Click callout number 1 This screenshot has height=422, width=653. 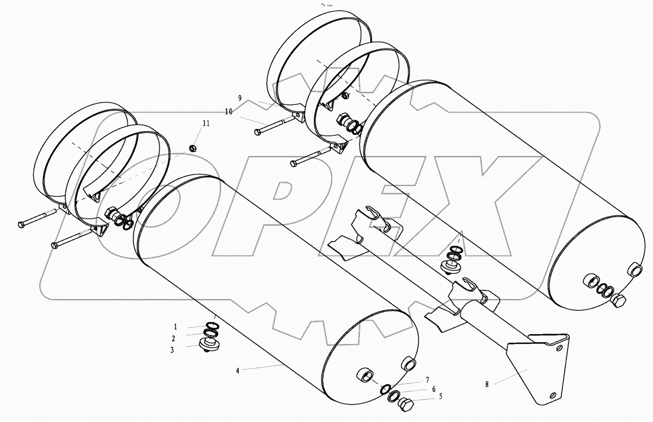click(x=175, y=327)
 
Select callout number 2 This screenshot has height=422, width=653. click(x=173, y=338)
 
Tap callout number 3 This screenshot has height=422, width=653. click(x=172, y=350)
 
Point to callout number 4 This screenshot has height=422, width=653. click(x=238, y=371)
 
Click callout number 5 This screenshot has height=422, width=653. click(x=441, y=396)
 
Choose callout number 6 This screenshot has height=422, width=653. click(x=434, y=388)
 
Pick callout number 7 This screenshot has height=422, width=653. click(x=428, y=380)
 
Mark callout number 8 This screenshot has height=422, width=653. click(x=487, y=385)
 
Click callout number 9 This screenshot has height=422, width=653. click(x=240, y=98)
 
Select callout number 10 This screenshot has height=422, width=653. click(x=229, y=112)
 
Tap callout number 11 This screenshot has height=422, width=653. click(x=206, y=124)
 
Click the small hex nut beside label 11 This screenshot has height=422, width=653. click(x=192, y=148)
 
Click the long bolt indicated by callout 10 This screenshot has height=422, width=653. click(x=276, y=126)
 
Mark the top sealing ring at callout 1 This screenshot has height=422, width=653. click(x=211, y=326)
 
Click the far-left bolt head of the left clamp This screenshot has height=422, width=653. click(x=21, y=225)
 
